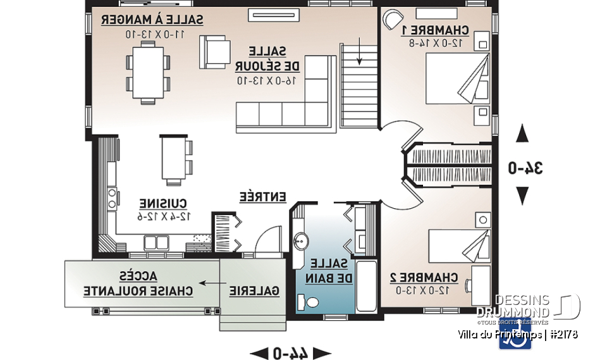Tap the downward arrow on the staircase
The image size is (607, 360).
click(360, 51)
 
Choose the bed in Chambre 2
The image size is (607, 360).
click(458, 243)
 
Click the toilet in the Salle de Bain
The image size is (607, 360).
click(311, 303)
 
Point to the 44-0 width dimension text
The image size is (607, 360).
click(291, 353)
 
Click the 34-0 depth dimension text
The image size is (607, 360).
click(526, 168)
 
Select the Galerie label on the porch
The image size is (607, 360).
click(254, 290)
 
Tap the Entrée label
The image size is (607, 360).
click(263, 196)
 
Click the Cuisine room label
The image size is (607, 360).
click(163, 204)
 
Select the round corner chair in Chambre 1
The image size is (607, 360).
click(393, 18)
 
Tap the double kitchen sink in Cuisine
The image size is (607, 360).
click(156, 242)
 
